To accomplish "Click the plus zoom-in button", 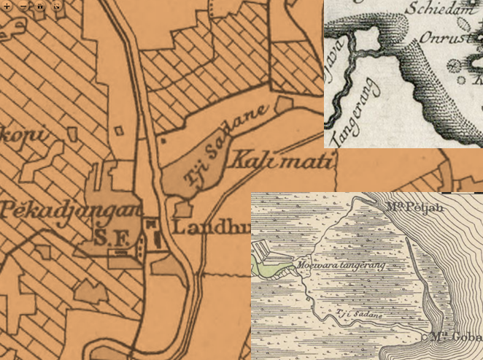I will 7,5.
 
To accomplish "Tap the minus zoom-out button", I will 23,5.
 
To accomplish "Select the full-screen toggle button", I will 57,5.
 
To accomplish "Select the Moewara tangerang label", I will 341,264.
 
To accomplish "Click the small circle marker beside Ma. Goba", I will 425,338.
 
